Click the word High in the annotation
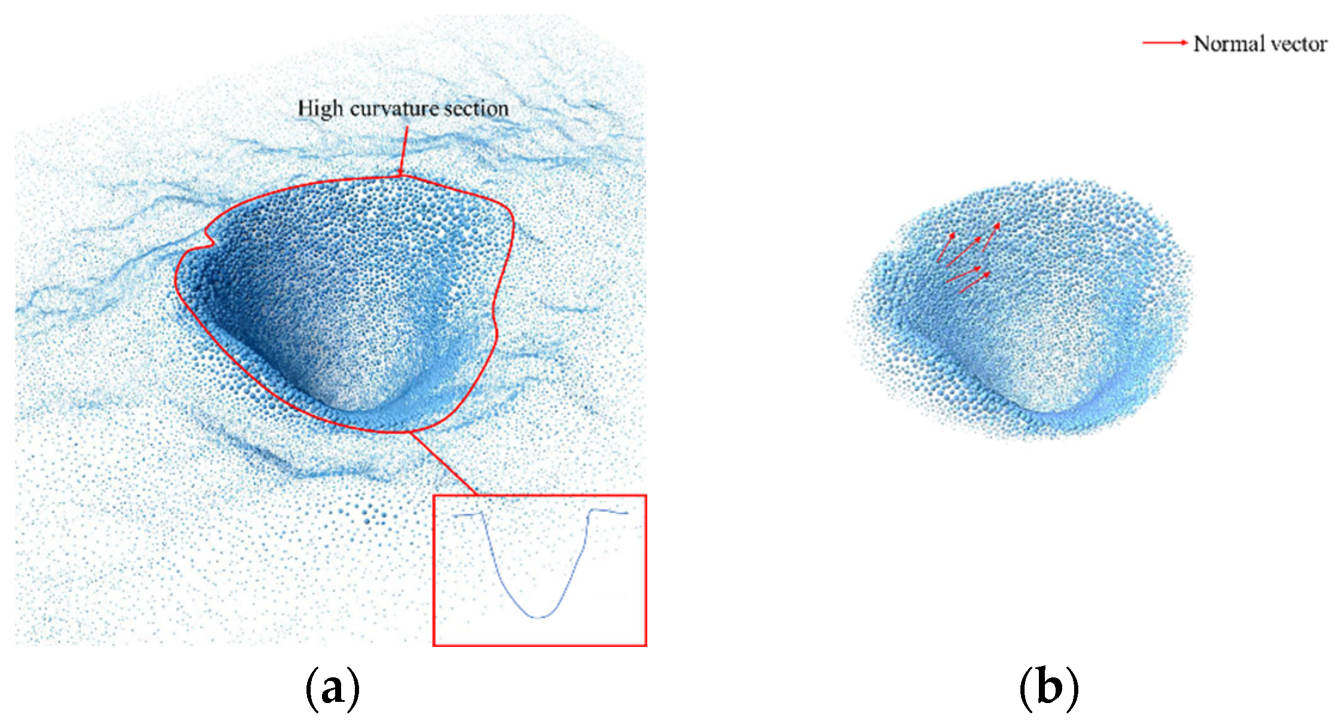coord(320,109)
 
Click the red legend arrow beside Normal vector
coord(1164,42)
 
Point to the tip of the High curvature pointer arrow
coord(401,175)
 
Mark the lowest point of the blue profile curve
coord(538,617)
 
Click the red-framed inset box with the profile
coord(539,570)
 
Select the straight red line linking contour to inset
coord(444,463)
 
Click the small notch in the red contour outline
coord(209,239)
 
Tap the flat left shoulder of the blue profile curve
coord(467,514)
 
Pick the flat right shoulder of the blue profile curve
coord(609,511)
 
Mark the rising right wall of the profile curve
coord(577,562)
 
